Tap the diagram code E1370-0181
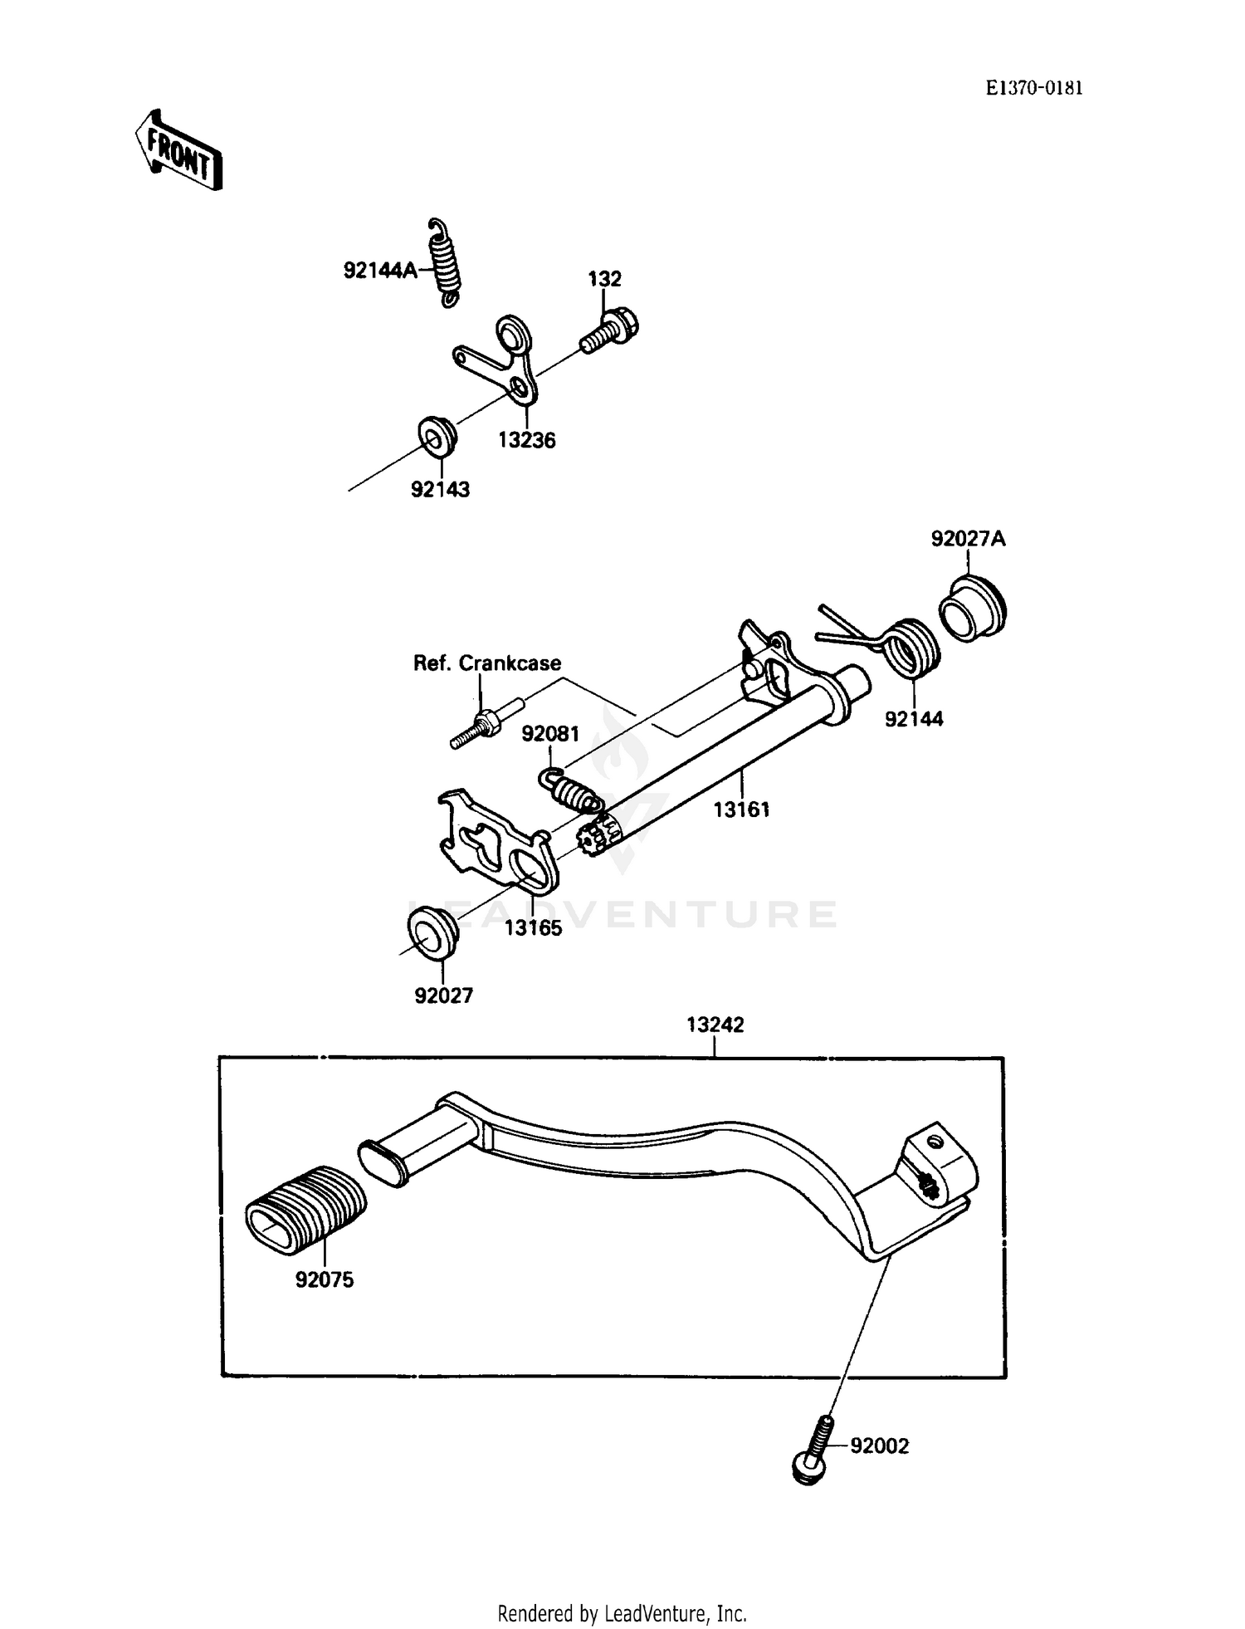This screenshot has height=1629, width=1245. pos(1033,89)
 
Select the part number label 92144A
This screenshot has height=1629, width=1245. pos(380,270)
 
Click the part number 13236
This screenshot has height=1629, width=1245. pos(526,440)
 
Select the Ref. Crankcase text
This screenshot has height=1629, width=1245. pos(487,663)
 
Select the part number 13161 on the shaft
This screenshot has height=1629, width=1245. pos(742,809)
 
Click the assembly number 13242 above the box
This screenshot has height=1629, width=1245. pos(715,1025)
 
